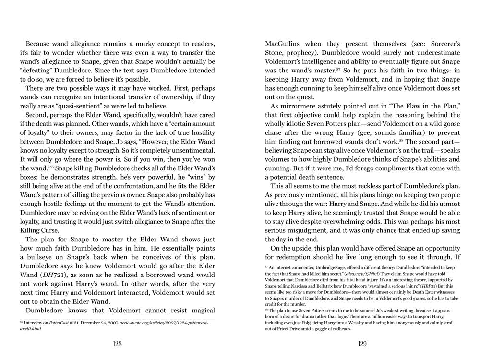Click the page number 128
[x=117, y=344]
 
